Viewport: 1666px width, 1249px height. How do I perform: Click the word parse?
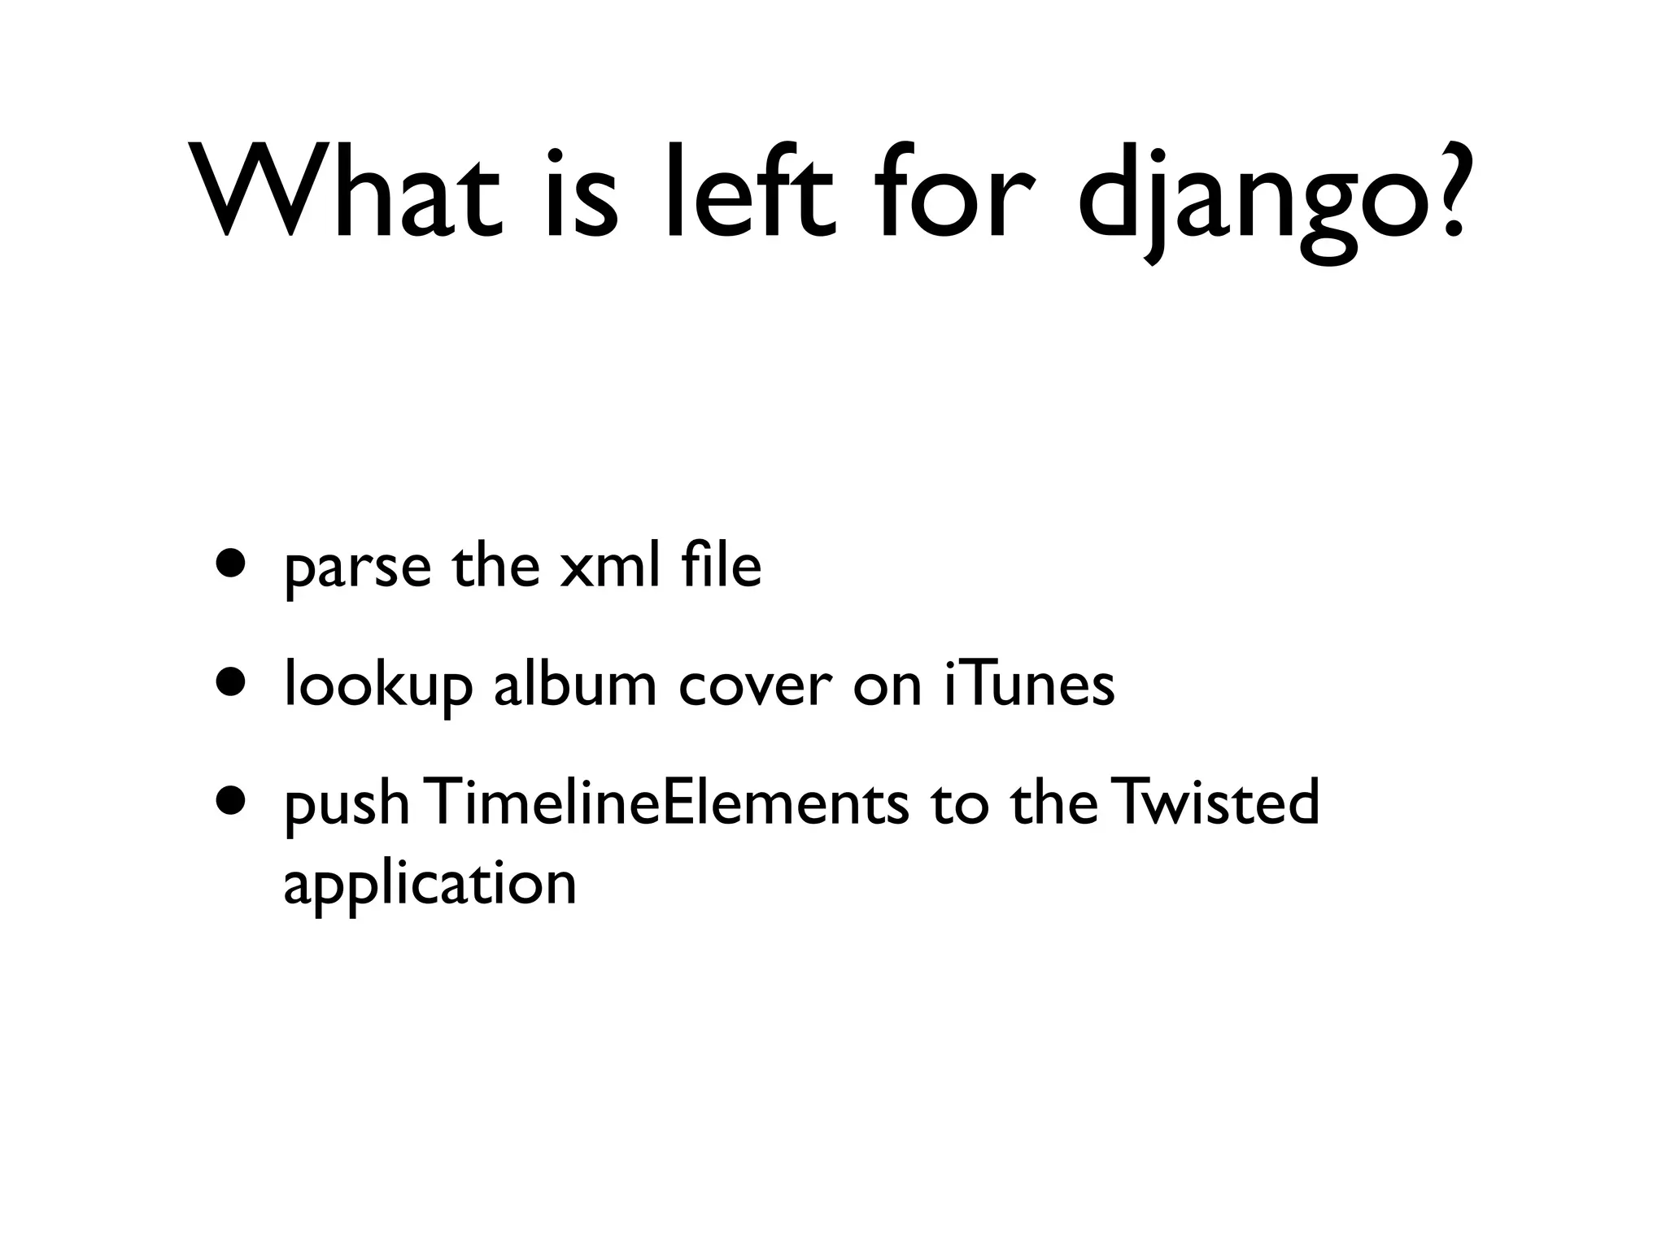(x=357, y=569)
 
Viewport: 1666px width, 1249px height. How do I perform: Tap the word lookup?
(x=377, y=687)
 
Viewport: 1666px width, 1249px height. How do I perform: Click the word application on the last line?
(x=430, y=886)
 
